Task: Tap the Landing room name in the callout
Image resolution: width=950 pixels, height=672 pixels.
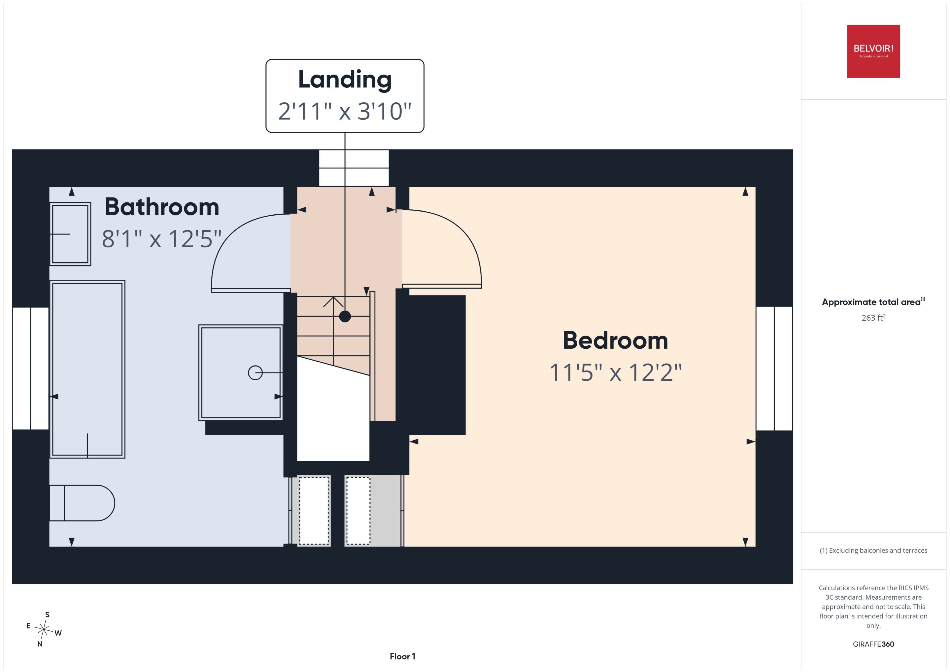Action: point(344,79)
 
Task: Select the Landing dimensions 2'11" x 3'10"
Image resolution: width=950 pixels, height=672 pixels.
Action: point(344,111)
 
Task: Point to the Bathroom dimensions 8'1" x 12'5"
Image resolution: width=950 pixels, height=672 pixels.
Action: point(161,239)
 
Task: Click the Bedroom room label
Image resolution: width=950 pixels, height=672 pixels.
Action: point(615,340)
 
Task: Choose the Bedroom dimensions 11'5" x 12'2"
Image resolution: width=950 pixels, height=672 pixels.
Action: point(615,372)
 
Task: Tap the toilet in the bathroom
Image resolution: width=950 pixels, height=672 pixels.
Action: point(82,503)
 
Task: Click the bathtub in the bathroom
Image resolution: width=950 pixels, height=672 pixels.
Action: point(87,369)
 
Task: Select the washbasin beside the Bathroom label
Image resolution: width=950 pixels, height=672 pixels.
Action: point(70,234)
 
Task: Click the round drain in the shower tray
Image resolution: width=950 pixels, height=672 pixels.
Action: point(255,373)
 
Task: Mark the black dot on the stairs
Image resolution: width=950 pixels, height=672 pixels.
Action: point(345,317)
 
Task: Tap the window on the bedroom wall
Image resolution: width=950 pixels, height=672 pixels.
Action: point(774,368)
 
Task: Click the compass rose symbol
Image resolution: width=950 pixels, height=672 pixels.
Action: point(43,629)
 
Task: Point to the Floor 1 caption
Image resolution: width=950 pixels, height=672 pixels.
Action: point(402,656)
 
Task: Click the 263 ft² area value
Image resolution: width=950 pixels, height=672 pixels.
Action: point(873,317)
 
